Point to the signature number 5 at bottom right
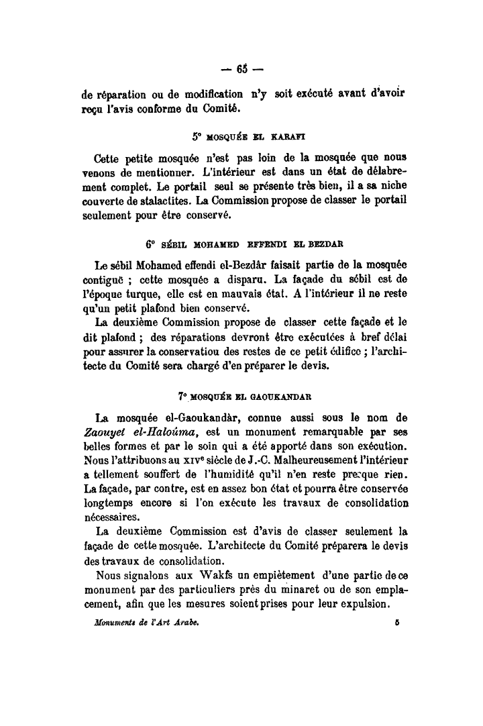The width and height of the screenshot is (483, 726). click(x=398, y=623)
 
